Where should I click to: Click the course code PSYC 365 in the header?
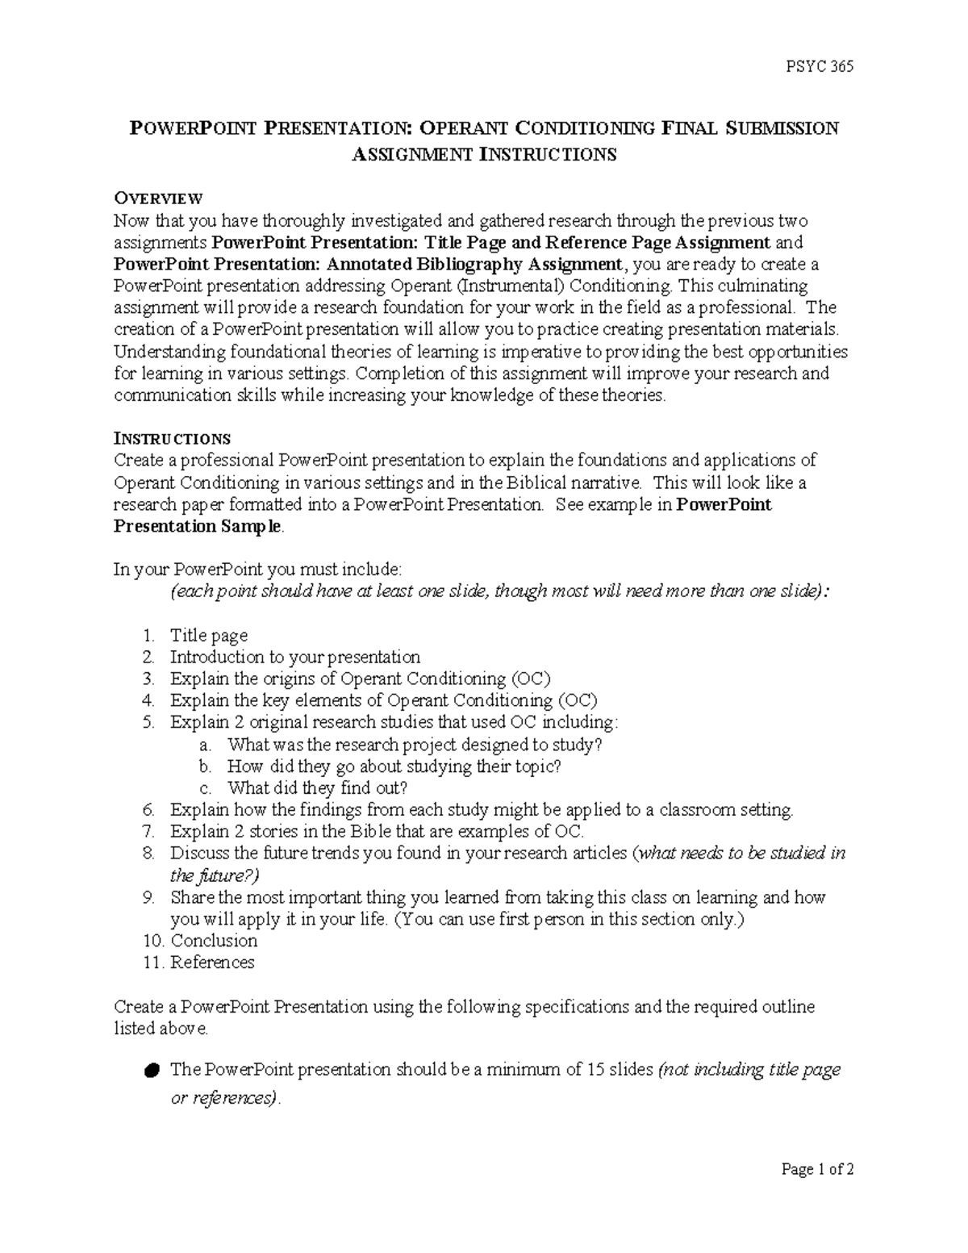point(819,67)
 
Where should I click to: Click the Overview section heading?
point(158,198)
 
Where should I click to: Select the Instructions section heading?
point(172,439)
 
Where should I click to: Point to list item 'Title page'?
point(208,636)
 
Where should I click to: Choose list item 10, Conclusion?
point(214,941)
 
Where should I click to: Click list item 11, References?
point(212,963)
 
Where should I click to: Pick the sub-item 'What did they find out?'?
point(317,788)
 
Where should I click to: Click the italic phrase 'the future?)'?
point(215,875)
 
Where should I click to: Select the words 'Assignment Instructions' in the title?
point(484,155)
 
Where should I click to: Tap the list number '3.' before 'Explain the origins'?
point(148,679)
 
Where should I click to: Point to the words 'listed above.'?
point(161,1029)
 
